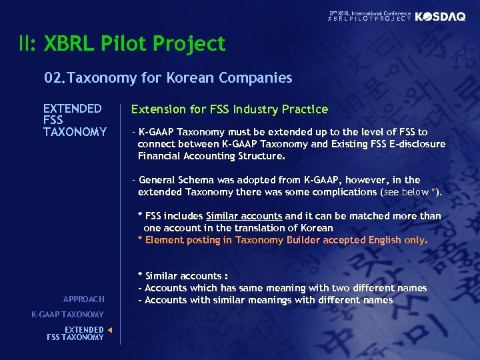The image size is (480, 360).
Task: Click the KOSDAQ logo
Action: coord(440,17)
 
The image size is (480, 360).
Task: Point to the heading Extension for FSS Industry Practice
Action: coord(229,109)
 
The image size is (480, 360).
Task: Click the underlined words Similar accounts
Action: coord(244,215)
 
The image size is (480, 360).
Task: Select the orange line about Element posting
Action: coord(283,239)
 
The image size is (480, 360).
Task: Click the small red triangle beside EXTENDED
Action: coord(110,329)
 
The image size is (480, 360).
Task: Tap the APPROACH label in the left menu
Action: coord(84,299)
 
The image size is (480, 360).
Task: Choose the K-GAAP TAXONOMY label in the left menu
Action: coord(67,314)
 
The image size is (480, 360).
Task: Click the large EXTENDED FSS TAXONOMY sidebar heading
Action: coord(75,120)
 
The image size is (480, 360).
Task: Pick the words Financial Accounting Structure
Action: coord(211,156)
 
